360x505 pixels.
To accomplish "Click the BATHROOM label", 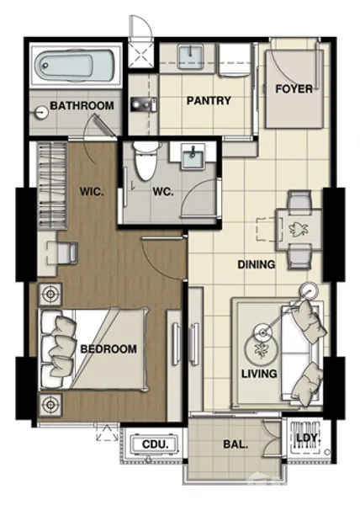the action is [x=82, y=106].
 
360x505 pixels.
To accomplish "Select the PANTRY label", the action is [x=209, y=100].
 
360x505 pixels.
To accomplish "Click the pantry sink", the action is [x=190, y=56].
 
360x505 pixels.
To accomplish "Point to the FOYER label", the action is [x=294, y=89].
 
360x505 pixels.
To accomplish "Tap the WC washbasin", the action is [x=193, y=157].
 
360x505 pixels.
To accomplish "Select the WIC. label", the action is [x=92, y=192].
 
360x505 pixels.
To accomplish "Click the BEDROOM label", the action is [x=109, y=348].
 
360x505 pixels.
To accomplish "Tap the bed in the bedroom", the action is [x=93, y=350].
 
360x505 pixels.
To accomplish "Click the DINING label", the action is [x=257, y=264].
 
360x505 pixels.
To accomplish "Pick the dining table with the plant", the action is [x=299, y=229].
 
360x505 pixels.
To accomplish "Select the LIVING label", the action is [x=259, y=374].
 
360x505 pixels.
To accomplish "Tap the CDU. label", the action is [x=156, y=444].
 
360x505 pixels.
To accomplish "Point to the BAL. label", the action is [x=236, y=444].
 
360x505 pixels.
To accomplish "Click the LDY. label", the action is [x=309, y=438].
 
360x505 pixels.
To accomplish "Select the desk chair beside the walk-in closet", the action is [x=67, y=252].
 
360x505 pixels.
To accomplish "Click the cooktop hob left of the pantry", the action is [x=144, y=104].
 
